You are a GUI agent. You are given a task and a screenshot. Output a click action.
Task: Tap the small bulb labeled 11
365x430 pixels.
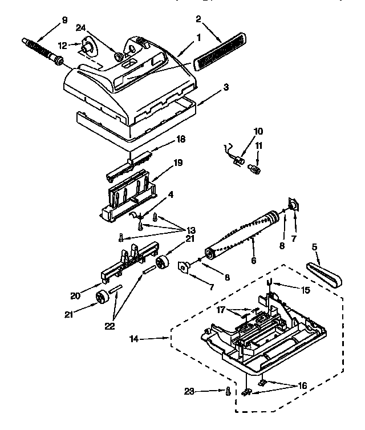click(257, 169)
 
